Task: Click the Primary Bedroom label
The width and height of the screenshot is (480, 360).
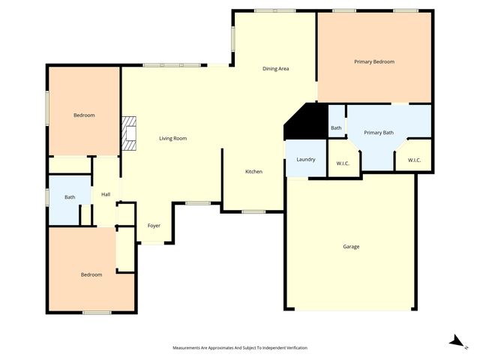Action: coord(373,61)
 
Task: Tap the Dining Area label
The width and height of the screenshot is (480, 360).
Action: coord(275,69)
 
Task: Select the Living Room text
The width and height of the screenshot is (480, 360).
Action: coord(172,138)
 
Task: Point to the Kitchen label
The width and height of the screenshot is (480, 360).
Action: coord(253,172)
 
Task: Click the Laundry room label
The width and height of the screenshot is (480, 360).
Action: coord(305,159)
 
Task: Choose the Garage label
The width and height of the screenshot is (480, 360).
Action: coord(350,246)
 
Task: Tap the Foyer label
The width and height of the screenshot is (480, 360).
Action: coord(153,225)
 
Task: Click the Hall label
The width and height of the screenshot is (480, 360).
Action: coord(106,195)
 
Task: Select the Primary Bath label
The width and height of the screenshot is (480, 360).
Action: coord(378,133)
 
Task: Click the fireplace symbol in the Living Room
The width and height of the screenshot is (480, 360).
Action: coord(130,133)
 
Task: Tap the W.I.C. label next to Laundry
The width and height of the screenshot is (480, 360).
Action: coord(343,163)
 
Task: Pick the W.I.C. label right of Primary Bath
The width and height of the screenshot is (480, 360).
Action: coord(415,160)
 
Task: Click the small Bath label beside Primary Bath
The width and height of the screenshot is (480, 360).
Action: coord(336,128)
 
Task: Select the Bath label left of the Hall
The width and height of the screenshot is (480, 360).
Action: coord(69,197)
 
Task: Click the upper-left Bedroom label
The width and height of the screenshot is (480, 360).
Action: coord(83,115)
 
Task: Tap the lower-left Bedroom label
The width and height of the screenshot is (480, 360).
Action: coord(91,274)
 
